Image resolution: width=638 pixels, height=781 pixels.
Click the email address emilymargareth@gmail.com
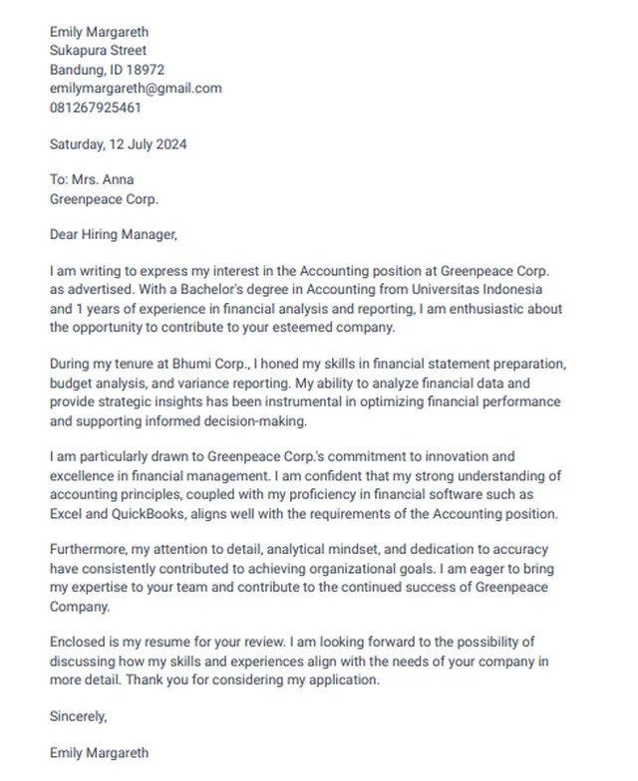click(136, 88)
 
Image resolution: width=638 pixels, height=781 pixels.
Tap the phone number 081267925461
click(96, 107)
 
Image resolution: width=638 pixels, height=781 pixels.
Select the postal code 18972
click(146, 70)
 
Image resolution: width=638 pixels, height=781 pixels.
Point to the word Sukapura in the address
click(78, 51)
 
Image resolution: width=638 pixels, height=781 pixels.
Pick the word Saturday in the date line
click(77, 143)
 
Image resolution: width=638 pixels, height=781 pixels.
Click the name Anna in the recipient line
click(117, 180)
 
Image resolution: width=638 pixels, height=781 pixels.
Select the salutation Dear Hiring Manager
click(113, 235)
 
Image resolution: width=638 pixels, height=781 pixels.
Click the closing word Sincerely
click(78, 716)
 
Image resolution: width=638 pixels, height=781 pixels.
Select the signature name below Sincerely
click(99, 753)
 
